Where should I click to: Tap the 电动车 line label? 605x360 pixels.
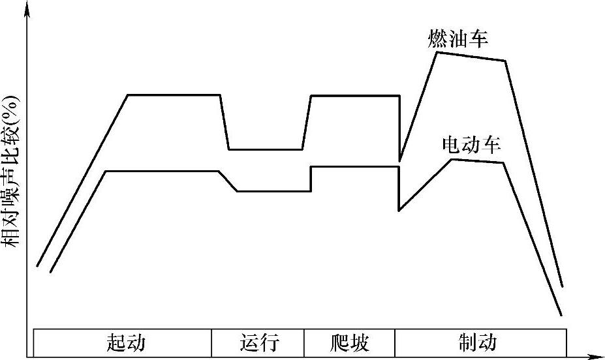pos(471,145)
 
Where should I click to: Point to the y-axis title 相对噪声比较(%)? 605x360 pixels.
pos(13,172)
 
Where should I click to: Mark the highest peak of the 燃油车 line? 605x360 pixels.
pos(437,52)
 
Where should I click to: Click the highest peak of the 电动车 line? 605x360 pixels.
pos(452,159)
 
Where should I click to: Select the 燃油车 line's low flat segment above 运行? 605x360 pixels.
pos(265,149)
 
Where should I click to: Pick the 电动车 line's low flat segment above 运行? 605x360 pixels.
pos(273,191)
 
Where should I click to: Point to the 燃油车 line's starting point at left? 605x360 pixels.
pos(37,266)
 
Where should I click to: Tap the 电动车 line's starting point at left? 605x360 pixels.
pos(50,272)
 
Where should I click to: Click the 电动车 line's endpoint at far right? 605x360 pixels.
pos(561,315)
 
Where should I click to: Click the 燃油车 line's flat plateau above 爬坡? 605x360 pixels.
pos(354,96)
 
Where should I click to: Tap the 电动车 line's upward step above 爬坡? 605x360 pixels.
pos(311,179)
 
